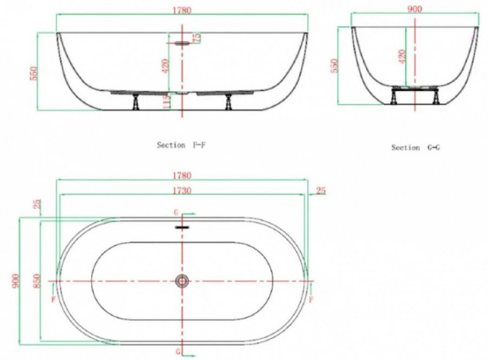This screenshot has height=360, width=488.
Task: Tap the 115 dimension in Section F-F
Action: click(x=166, y=102)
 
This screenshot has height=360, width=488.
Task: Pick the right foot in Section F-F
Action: click(x=230, y=101)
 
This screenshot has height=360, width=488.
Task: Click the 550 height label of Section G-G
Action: click(x=335, y=66)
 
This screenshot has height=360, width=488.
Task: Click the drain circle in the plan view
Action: click(x=182, y=281)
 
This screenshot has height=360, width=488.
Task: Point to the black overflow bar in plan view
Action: click(x=182, y=227)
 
